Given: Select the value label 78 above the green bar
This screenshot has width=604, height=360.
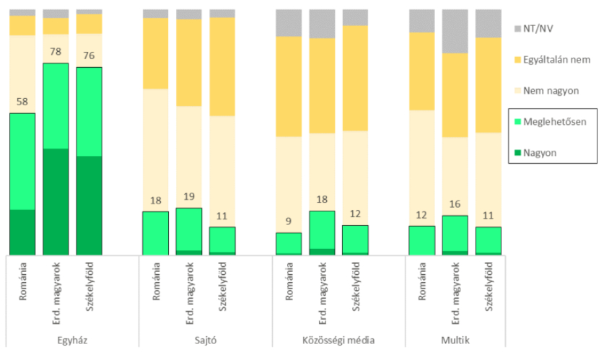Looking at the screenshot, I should click(56, 52).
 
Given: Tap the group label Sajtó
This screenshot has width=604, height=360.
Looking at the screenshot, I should click(188, 339).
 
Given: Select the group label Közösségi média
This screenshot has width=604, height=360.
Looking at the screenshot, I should click(322, 339).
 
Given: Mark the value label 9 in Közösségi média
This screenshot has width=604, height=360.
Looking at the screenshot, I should click(289, 222).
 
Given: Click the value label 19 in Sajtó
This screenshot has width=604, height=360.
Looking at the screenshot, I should click(189, 198).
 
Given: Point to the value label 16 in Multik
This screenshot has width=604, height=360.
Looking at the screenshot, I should click(455, 205).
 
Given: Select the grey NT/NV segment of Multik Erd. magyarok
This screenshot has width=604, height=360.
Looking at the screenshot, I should click(455, 31).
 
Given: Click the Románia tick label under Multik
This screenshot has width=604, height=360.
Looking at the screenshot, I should click(422, 281).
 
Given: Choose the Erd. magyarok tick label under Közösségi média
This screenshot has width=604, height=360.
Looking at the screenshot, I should click(323, 289).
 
